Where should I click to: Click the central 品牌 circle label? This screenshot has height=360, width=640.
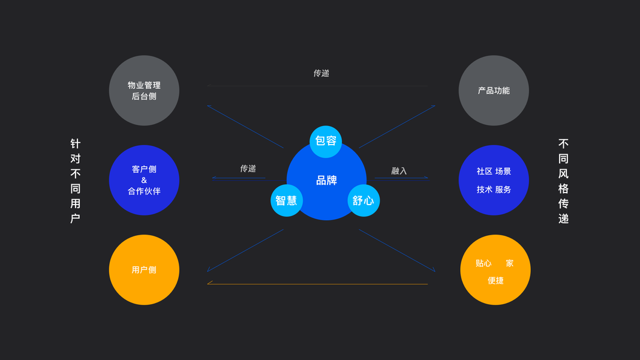(326, 180)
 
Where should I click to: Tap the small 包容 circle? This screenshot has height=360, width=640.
(326, 142)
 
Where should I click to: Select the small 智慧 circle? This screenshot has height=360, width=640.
(287, 200)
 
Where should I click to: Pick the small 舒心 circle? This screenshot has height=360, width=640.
(363, 200)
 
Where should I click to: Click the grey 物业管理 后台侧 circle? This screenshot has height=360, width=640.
(144, 91)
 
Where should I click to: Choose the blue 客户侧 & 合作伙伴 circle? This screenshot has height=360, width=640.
(144, 180)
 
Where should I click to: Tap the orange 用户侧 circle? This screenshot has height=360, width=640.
(144, 270)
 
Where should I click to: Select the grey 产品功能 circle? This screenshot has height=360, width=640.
(494, 91)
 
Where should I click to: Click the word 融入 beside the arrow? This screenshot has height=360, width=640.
(399, 171)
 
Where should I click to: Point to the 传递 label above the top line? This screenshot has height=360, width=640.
(321, 73)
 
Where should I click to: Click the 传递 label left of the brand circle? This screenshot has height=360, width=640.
(248, 169)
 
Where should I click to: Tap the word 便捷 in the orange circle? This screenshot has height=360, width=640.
(495, 280)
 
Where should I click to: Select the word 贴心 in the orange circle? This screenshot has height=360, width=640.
(483, 263)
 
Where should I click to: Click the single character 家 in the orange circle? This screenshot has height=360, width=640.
(509, 263)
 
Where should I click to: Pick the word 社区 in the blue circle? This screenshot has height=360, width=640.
(485, 171)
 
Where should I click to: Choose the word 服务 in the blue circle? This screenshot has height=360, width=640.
(503, 189)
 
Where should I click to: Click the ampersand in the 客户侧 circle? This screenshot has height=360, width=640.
(144, 180)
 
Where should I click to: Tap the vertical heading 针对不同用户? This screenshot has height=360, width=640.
(75, 181)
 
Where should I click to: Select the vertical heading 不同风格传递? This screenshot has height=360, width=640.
(563, 181)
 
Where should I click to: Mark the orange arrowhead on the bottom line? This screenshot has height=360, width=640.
(210, 283)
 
